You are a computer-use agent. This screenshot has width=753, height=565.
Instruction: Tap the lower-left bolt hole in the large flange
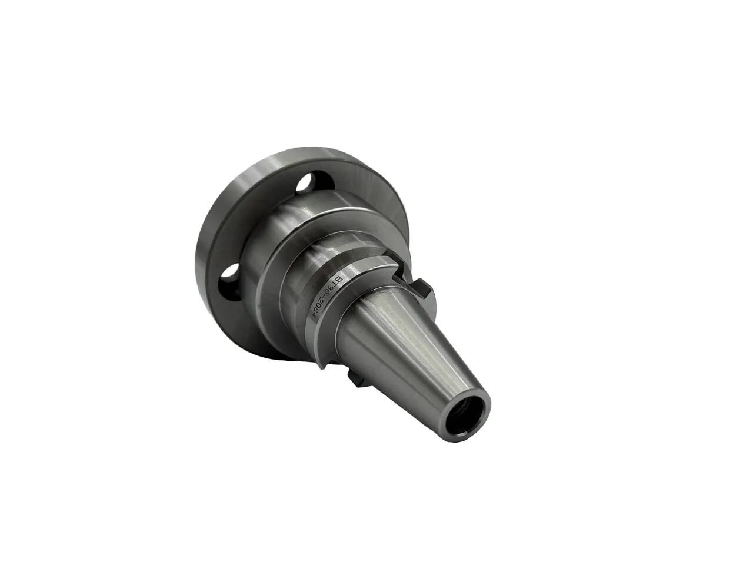click(229, 282)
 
